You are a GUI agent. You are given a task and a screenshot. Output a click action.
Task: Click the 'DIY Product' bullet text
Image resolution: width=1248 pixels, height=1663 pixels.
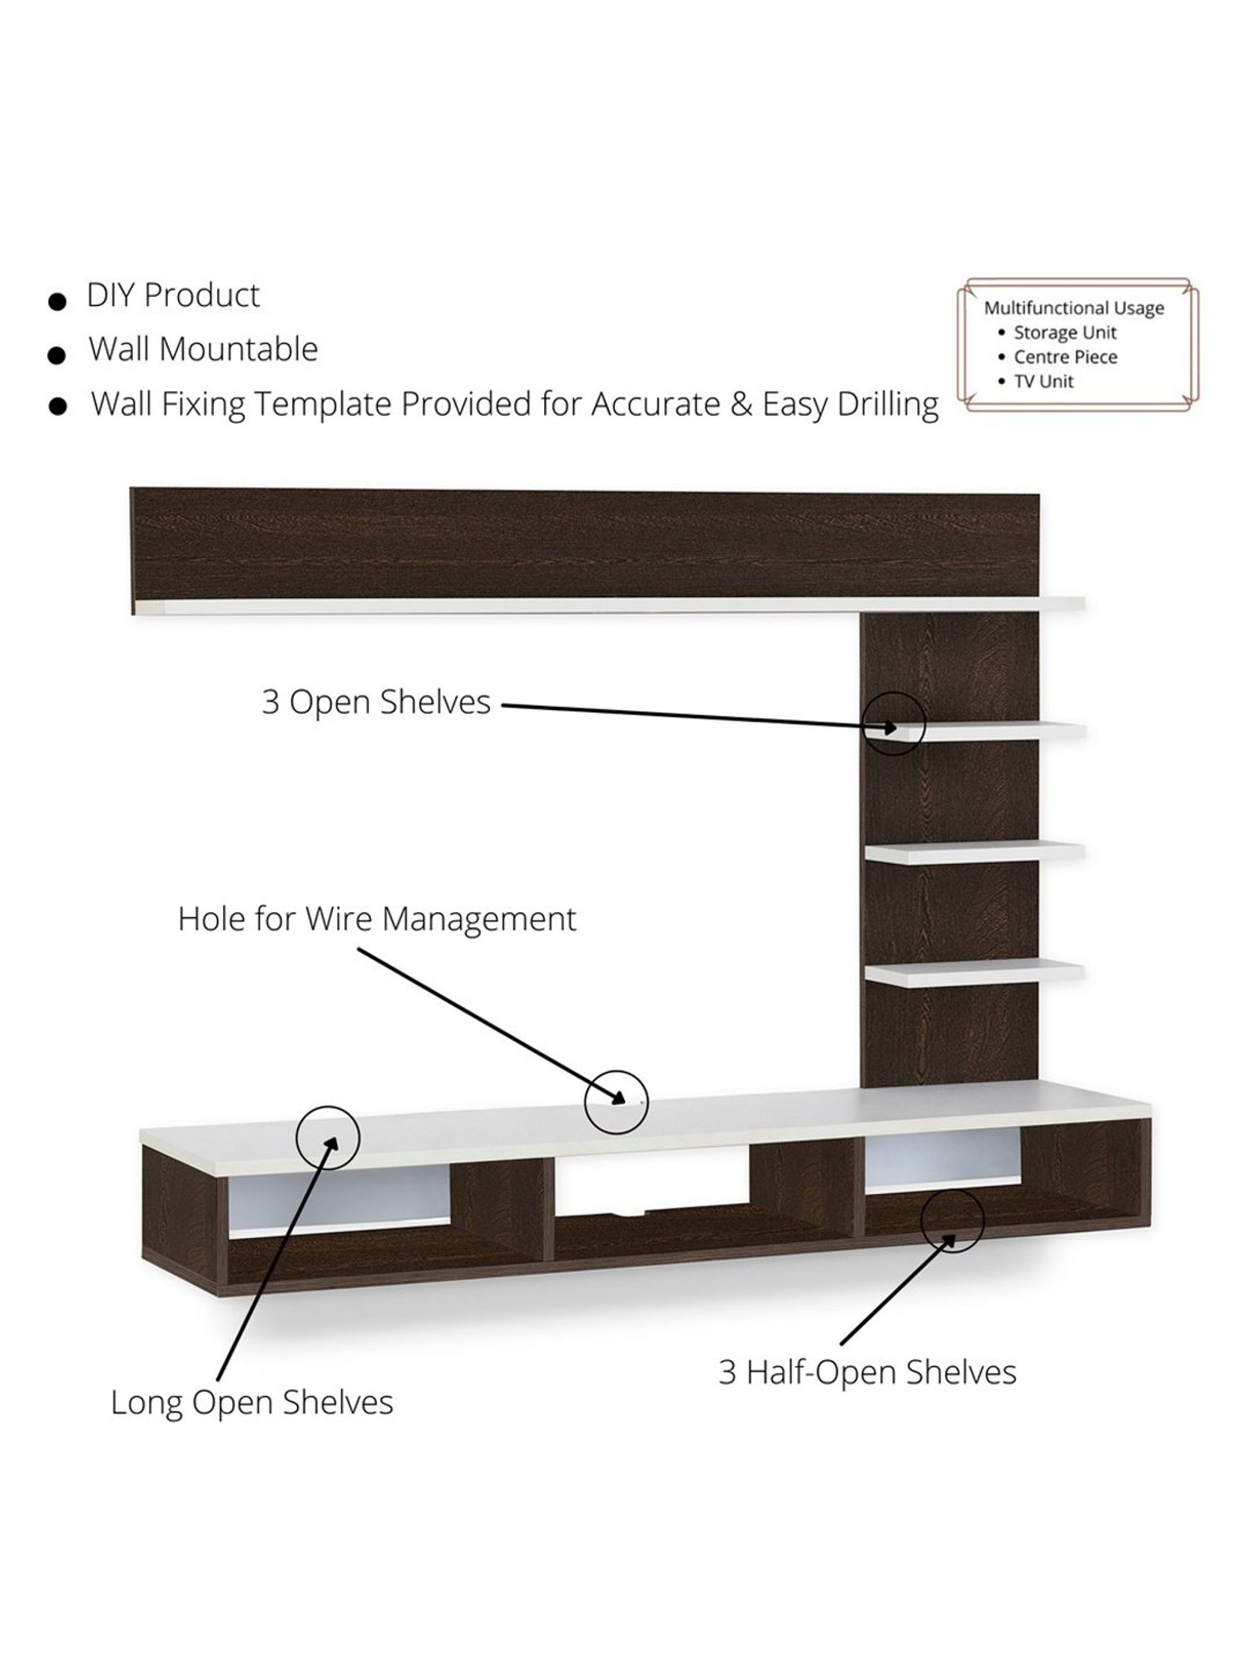(x=173, y=296)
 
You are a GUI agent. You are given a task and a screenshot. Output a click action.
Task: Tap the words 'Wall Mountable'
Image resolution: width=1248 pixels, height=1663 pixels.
(x=203, y=350)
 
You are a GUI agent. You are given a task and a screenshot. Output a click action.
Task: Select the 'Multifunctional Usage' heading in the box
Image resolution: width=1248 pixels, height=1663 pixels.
(x=1073, y=308)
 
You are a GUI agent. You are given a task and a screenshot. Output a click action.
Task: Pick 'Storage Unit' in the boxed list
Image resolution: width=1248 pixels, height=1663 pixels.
(x=1064, y=333)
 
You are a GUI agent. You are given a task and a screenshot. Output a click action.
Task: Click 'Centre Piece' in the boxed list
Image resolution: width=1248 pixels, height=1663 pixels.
(x=1065, y=358)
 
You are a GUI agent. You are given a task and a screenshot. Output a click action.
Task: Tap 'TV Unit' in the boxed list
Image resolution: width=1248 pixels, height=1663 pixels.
(x=1043, y=382)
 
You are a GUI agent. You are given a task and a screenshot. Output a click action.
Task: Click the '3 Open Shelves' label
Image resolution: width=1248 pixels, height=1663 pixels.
(x=376, y=703)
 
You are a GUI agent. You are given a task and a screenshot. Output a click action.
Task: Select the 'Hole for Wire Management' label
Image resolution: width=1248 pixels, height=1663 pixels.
(x=377, y=920)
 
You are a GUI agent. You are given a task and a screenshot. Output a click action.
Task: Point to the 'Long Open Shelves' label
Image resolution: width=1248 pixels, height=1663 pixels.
(x=252, y=1403)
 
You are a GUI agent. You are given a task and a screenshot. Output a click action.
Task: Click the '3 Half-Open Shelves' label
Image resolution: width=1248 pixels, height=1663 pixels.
(x=867, y=1373)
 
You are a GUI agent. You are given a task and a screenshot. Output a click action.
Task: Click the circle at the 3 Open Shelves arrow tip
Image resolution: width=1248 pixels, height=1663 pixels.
(x=894, y=723)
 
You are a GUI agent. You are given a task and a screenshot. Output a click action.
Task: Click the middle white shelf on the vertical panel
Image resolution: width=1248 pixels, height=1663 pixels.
(x=973, y=852)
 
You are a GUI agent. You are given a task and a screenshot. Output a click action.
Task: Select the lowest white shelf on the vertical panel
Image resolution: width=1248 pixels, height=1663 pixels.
(x=973, y=973)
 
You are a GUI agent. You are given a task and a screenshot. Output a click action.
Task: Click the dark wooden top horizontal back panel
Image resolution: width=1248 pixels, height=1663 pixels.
(x=582, y=545)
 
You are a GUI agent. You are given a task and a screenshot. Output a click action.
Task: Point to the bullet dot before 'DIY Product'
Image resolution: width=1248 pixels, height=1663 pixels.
(x=57, y=301)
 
